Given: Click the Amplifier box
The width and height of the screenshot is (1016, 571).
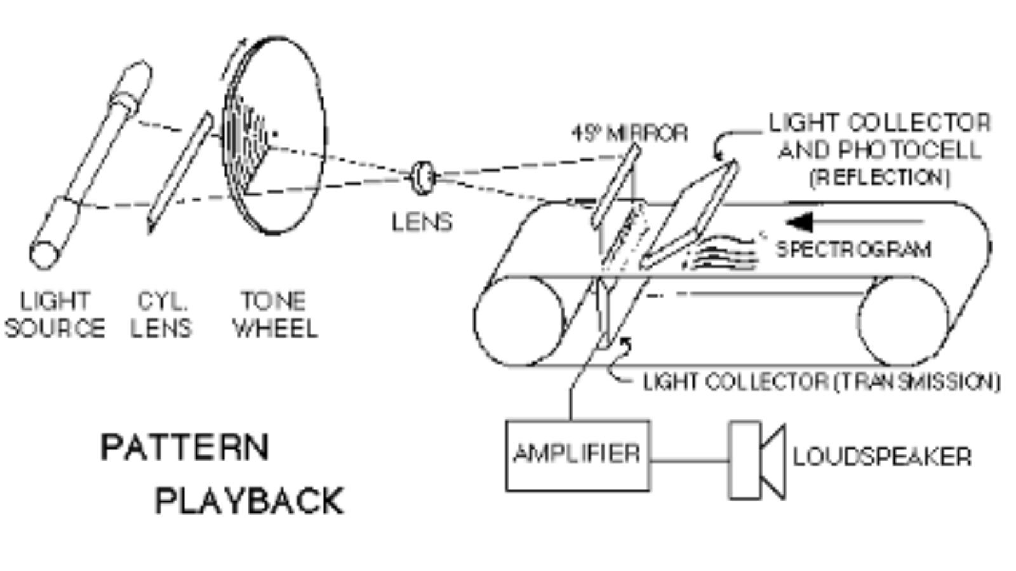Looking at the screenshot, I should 577,455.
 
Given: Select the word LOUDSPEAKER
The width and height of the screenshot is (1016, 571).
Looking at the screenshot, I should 882,457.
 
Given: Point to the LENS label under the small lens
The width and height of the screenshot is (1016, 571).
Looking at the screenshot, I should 422,222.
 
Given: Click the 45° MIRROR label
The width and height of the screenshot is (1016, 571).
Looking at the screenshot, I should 629,133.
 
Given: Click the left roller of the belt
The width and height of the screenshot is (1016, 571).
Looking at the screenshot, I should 519,320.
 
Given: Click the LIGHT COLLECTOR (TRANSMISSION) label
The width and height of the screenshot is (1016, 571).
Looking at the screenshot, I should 822,381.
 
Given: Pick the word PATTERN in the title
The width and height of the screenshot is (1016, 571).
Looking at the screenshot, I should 185,447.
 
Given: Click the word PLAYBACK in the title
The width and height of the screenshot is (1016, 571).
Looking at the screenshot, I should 250,501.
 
